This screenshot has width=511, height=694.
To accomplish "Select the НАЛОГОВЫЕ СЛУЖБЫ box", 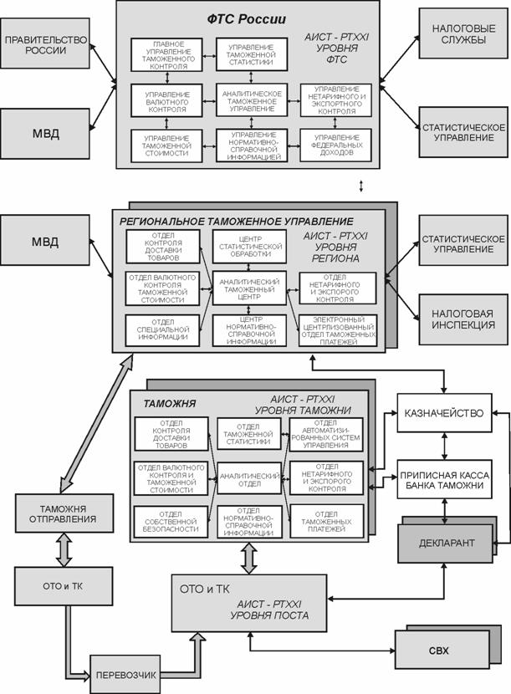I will [x=461, y=40].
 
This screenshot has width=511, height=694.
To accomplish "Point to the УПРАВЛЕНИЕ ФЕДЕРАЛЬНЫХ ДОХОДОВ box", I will [x=336, y=143].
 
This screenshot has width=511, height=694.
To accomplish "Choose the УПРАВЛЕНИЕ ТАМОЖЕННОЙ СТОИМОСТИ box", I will [x=167, y=143].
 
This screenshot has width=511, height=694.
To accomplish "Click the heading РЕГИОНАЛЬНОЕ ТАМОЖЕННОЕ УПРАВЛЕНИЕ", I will [x=236, y=222].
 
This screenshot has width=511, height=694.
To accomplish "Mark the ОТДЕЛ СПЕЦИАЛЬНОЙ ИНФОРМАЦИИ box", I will [x=163, y=329].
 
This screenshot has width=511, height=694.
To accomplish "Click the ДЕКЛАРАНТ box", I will [x=447, y=543].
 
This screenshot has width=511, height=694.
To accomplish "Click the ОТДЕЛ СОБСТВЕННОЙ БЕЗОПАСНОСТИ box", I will [x=168, y=523].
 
